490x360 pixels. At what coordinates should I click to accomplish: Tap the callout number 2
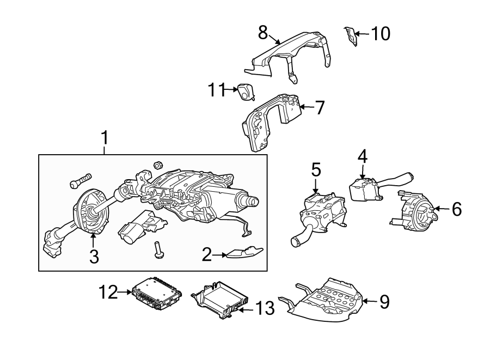(206, 254)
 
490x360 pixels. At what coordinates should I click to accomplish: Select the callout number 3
(94, 256)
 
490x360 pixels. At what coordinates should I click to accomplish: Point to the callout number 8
(263, 32)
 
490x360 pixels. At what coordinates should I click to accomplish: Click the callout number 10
(381, 34)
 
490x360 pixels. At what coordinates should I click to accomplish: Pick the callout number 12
(108, 292)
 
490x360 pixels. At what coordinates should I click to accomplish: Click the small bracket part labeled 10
(350, 37)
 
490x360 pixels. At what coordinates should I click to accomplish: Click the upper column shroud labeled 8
(294, 52)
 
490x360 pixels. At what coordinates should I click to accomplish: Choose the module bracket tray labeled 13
(222, 301)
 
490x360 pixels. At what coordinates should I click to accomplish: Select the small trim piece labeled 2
(243, 253)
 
